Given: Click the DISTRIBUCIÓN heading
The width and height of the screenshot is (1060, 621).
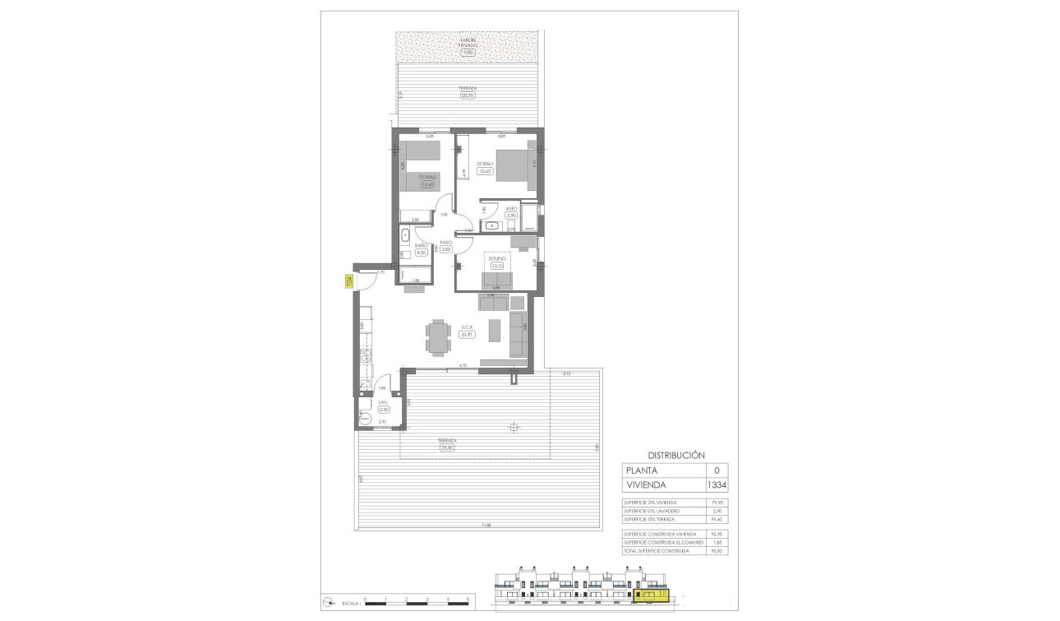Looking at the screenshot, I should click(677, 454).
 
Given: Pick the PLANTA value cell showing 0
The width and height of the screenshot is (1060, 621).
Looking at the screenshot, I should click(717, 470).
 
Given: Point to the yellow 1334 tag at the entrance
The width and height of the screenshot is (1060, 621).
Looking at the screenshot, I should click(349, 280).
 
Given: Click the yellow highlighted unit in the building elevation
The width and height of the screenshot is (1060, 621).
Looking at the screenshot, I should click(650, 591).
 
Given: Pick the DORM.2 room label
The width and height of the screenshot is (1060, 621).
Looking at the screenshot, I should click(426, 177).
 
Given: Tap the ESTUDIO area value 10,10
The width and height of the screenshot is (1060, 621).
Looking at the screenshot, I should click(496, 266).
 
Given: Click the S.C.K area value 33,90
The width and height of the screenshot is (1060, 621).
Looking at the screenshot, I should click(468, 335).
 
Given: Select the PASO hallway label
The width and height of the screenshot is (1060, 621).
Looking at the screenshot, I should click(446, 242).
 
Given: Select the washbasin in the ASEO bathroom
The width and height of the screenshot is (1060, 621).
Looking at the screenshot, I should click(493, 225).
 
